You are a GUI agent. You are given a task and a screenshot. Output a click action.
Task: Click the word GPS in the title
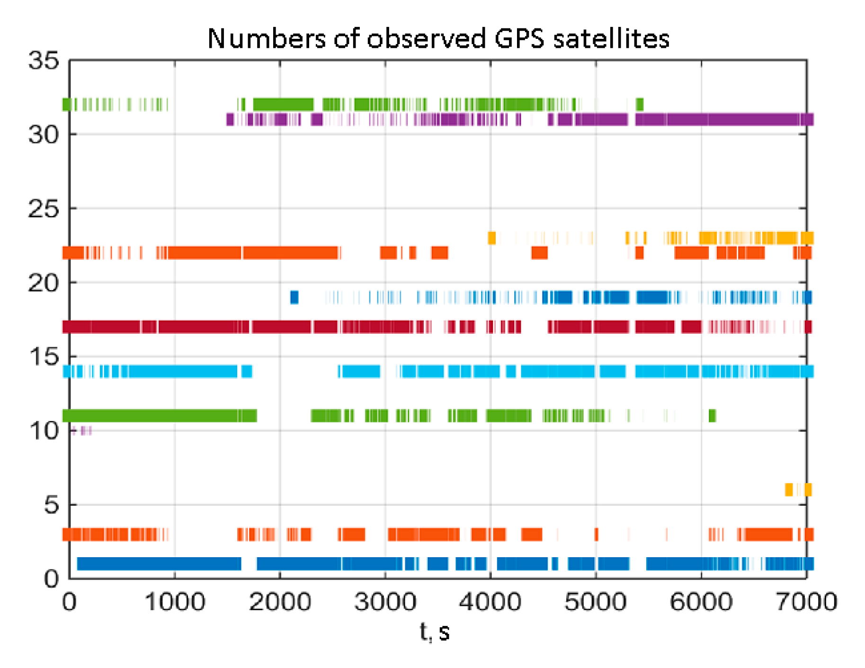point(519,39)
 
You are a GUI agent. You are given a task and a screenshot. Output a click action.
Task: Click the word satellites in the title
point(611,39)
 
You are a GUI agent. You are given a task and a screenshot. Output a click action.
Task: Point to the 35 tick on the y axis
point(44,61)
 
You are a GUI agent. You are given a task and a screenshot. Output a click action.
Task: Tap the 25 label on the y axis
point(44,209)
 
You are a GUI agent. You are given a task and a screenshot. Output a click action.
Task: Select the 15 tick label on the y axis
point(44,357)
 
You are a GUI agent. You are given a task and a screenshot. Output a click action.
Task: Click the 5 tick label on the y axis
point(51,505)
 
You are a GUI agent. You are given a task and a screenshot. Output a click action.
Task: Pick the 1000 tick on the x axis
point(174,602)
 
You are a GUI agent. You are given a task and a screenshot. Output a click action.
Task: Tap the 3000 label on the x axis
point(385,602)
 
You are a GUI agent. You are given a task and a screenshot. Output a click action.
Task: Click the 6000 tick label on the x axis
point(701,602)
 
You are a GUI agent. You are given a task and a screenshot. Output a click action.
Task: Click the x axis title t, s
point(434,632)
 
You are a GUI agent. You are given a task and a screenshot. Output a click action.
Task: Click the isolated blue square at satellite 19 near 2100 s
point(294,297)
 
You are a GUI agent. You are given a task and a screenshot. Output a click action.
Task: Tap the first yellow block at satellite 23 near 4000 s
point(491,238)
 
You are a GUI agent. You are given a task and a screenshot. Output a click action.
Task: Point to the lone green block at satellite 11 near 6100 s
point(712,416)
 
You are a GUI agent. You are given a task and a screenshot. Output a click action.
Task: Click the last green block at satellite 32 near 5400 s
point(639,104)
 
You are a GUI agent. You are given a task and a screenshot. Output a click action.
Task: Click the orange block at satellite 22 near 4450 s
point(539,253)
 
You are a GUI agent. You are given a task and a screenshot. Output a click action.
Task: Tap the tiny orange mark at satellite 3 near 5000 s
point(596,534)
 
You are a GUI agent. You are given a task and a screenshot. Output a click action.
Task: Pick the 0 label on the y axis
point(51,579)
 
